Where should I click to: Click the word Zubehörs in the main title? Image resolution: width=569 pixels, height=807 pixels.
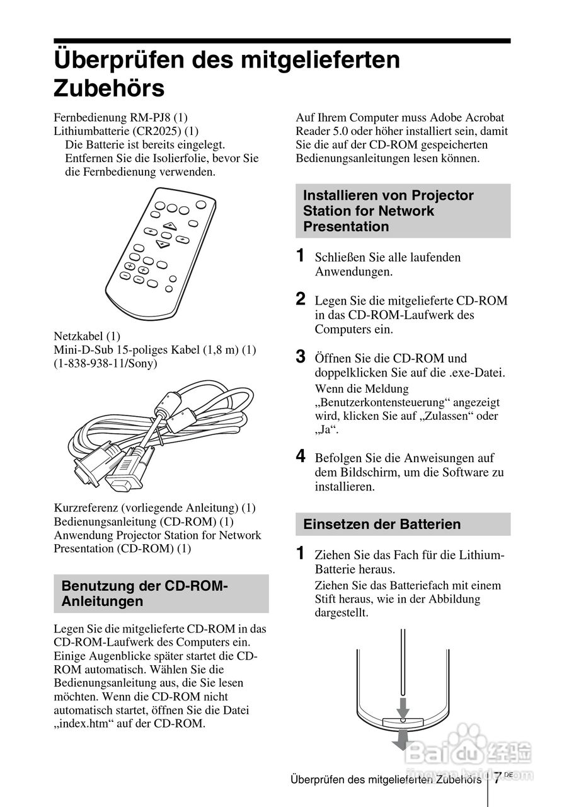109,88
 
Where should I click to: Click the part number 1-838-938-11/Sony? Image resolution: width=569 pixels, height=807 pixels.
105,363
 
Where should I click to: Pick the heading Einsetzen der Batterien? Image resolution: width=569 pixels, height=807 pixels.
382,524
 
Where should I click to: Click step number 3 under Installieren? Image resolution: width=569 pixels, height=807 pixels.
301,357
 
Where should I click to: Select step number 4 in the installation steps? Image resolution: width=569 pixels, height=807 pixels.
301,456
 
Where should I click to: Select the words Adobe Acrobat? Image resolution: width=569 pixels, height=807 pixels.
467,117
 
